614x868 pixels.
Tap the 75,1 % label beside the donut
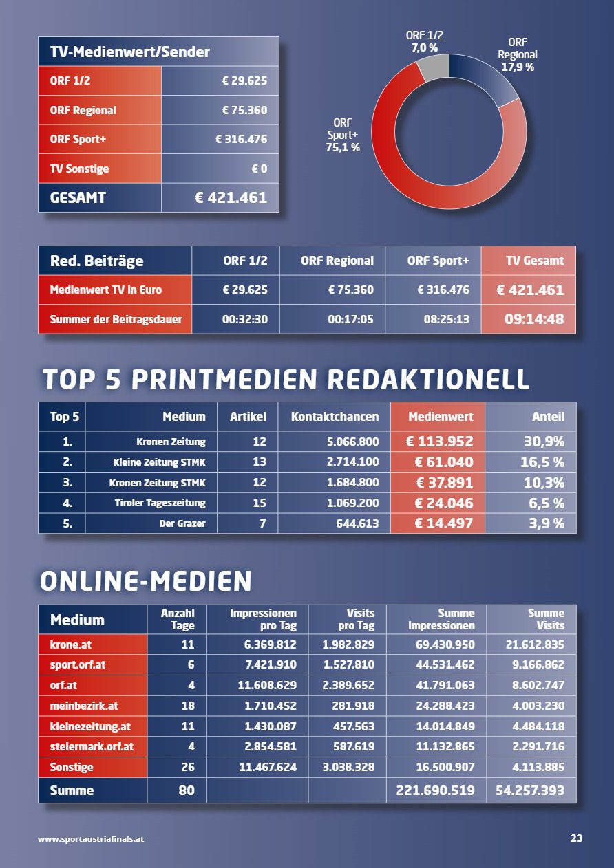[x=343, y=148]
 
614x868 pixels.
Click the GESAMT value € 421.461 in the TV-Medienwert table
[x=231, y=197]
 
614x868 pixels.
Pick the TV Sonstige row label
[x=79, y=169]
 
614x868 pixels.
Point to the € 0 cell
[x=259, y=169]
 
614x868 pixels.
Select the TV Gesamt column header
[x=534, y=261]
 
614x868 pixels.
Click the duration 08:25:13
[x=446, y=319]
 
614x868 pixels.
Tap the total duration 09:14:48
[x=534, y=319]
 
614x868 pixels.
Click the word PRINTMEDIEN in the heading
[x=224, y=380]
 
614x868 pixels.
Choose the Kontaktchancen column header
[x=335, y=417]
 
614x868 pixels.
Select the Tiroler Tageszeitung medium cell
[x=160, y=503]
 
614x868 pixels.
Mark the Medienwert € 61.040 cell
[x=444, y=462]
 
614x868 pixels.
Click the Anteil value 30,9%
[x=544, y=442]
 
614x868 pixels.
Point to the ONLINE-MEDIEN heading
[x=146, y=581]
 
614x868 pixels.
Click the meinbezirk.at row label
[x=84, y=706]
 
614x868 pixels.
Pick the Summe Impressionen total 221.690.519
[x=435, y=790]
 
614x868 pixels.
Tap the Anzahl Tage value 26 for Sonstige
[x=188, y=767]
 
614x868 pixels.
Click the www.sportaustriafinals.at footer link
[x=91, y=839]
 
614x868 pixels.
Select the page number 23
[x=576, y=838]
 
